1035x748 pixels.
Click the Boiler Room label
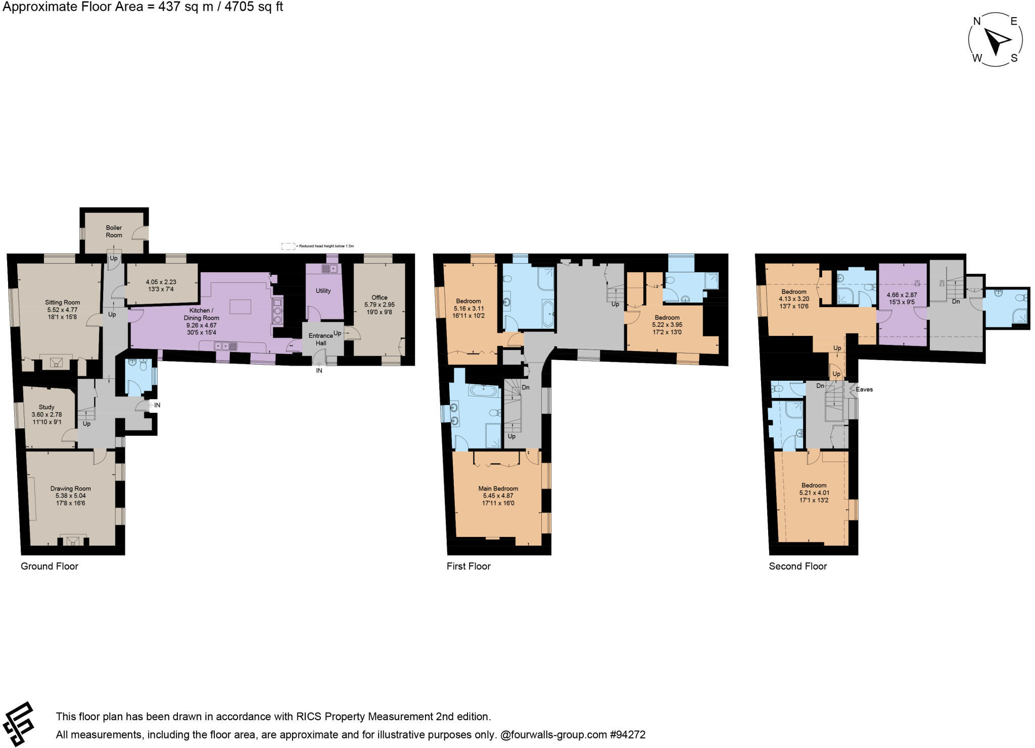(x=114, y=231)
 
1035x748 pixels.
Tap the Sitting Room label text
(x=63, y=303)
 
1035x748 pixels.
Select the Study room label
(x=46, y=407)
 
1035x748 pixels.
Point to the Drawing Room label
(x=71, y=488)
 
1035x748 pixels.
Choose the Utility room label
(x=323, y=291)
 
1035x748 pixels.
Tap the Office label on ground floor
(x=380, y=298)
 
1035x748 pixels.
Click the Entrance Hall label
(x=321, y=339)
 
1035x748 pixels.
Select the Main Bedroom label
(x=498, y=488)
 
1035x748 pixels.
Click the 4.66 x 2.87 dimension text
(x=902, y=295)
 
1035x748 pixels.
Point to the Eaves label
(x=864, y=389)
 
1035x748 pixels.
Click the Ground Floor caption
(x=50, y=566)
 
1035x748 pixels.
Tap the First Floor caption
(x=468, y=566)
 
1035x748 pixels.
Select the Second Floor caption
(x=798, y=566)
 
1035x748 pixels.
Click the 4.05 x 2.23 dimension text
(x=161, y=282)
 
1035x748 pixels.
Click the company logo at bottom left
(x=19, y=724)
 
